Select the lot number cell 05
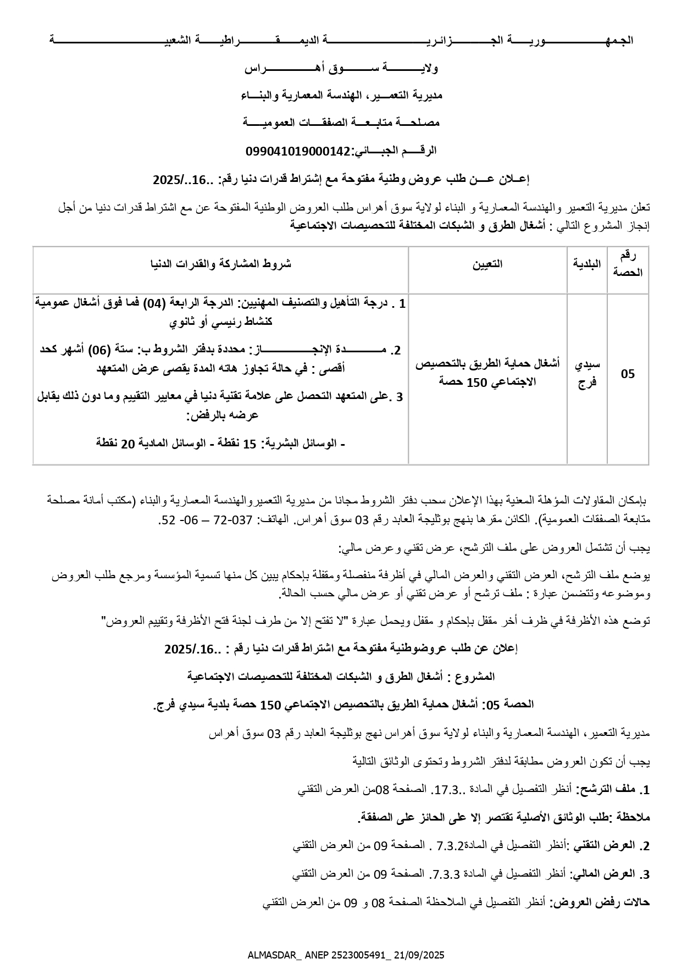pos(628,374)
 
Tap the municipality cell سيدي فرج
pos(587,374)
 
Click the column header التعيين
pos(487,264)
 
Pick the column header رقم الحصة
pos(628,264)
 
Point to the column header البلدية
pos(587,264)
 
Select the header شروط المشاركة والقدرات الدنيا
pos(220,264)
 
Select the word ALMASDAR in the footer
pos(271,955)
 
